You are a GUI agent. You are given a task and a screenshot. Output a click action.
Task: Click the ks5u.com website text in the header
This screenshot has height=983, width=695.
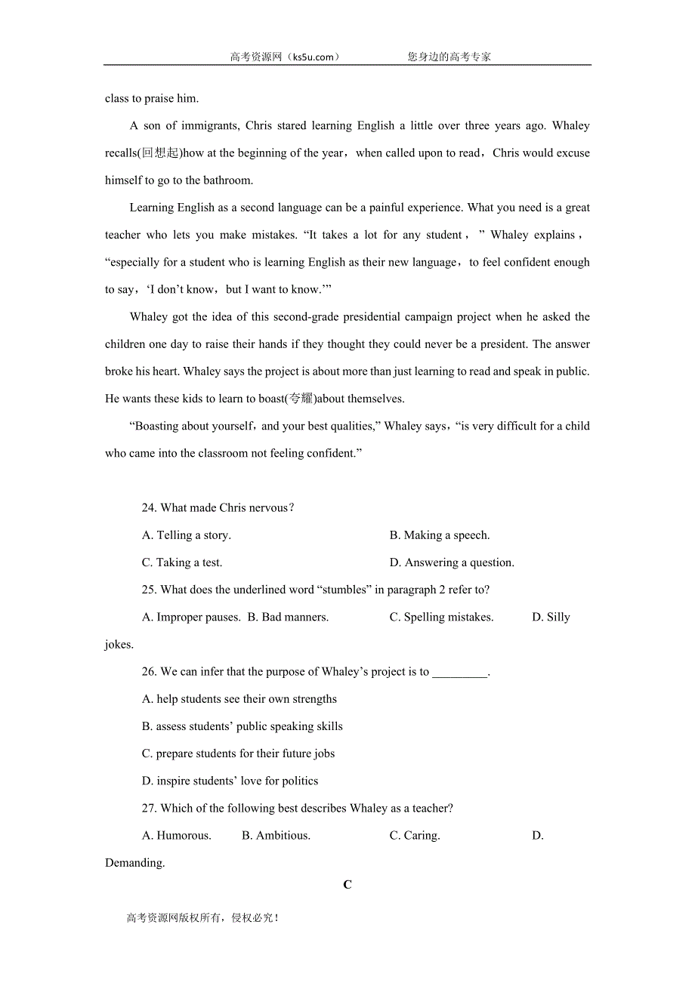pyautogui.click(x=313, y=57)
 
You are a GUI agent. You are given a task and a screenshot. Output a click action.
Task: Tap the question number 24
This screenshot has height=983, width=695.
pyautogui.click(x=149, y=508)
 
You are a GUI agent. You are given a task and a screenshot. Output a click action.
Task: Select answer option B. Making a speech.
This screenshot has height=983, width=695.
pyautogui.click(x=440, y=535)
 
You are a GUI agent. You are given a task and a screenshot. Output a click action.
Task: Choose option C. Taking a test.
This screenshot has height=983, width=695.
pyautogui.click(x=182, y=562)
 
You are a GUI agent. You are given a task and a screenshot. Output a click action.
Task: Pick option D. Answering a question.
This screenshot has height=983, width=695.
pyautogui.click(x=452, y=562)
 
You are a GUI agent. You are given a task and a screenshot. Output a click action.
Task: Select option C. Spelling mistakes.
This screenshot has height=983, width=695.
pyautogui.click(x=441, y=617)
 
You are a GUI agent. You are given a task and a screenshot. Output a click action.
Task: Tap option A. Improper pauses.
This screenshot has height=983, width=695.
pyautogui.click(x=190, y=617)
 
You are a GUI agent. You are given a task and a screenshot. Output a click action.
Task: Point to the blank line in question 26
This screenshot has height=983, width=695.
pyautogui.click(x=459, y=672)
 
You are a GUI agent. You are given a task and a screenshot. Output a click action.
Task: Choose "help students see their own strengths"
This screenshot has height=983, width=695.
pyautogui.click(x=239, y=699)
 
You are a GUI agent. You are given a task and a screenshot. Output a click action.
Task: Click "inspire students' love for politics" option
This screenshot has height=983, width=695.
pyautogui.click(x=230, y=781)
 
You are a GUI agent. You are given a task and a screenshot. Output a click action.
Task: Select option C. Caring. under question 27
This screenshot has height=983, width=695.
pyautogui.click(x=415, y=835)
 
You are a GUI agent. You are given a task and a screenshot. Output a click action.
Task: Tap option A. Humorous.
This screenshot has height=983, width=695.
pyautogui.click(x=177, y=835)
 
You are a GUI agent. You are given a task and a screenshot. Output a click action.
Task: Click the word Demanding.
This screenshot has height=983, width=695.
pyautogui.click(x=134, y=862)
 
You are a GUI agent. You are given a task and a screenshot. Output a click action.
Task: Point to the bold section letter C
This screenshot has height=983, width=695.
pyautogui.click(x=347, y=884)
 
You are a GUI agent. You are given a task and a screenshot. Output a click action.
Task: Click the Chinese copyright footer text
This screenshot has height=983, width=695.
pyautogui.click(x=202, y=918)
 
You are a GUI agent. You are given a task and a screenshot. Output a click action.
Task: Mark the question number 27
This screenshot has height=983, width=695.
pyautogui.click(x=149, y=808)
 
